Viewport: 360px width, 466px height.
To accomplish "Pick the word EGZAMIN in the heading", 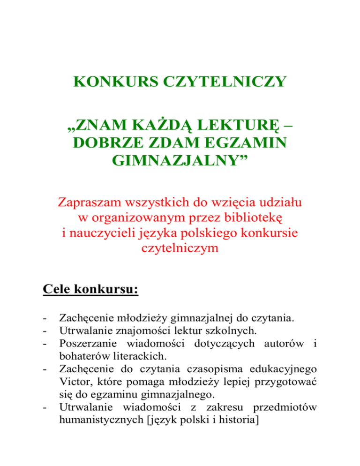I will tap(243, 144).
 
